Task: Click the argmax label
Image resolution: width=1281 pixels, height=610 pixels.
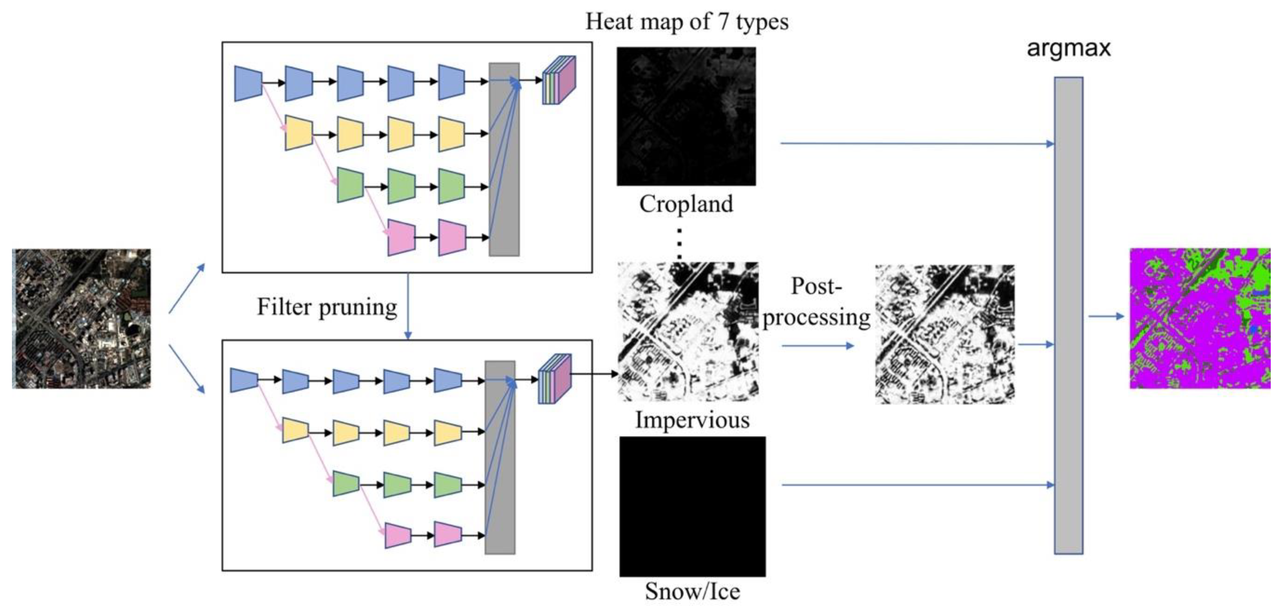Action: pos(1068,48)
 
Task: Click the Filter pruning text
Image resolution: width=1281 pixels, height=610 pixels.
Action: pos(327,307)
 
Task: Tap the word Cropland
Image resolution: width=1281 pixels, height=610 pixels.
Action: pos(686,204)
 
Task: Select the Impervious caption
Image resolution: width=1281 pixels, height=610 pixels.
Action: pos(692,420)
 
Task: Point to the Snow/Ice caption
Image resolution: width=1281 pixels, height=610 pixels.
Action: pos(692,592)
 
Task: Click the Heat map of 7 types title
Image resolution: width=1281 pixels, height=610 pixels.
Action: pos(687,22)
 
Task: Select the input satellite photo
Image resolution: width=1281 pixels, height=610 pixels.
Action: pos(82,318)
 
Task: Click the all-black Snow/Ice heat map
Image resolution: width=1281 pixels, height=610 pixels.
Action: pos(692,506)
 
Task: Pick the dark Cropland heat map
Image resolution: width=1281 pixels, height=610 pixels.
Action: pos(686,117)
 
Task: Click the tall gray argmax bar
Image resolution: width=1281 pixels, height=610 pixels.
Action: pos(1068,315)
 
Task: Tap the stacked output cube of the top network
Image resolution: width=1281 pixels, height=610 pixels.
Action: pos(558,80)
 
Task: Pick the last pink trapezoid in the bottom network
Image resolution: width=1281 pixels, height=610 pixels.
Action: pos(448,535)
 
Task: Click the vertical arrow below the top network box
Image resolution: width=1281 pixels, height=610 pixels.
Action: pos(408,306)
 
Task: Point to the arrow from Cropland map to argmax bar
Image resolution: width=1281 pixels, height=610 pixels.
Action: pos(918,144)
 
